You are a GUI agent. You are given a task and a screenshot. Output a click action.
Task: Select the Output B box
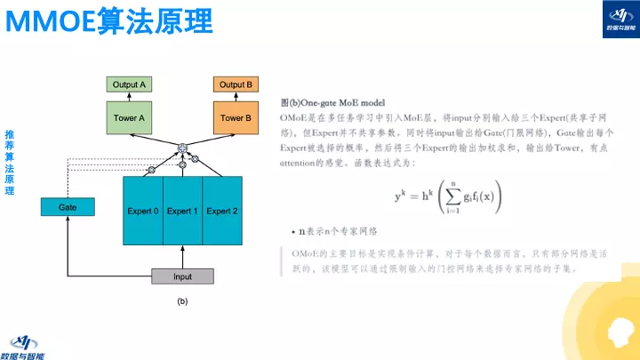(x=236, y=84)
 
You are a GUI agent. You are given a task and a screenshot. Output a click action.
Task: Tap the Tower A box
(x=130, y=117)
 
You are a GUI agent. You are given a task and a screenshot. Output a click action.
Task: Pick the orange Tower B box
(x=236, y=117)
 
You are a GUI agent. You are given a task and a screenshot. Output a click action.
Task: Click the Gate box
(x=68, y=207)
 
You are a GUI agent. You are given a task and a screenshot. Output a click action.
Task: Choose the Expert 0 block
(x=142, y=211)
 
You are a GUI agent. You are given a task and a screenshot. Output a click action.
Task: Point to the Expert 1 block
(x=182, y=211)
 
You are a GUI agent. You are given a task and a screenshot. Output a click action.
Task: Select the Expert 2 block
(x=222, y=211)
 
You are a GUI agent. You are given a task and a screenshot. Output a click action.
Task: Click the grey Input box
(x=182, y=276)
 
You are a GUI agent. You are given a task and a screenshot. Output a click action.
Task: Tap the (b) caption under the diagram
(x=182, y=302)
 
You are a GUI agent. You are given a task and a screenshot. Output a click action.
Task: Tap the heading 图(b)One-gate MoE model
(x=339, y=104)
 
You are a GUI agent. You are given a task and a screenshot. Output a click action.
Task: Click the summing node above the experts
(x=182, y=148)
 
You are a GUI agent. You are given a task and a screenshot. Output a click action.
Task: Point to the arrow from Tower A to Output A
(x=130, y=97)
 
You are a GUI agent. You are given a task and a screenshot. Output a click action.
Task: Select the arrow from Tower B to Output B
(x=236, y=97)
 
